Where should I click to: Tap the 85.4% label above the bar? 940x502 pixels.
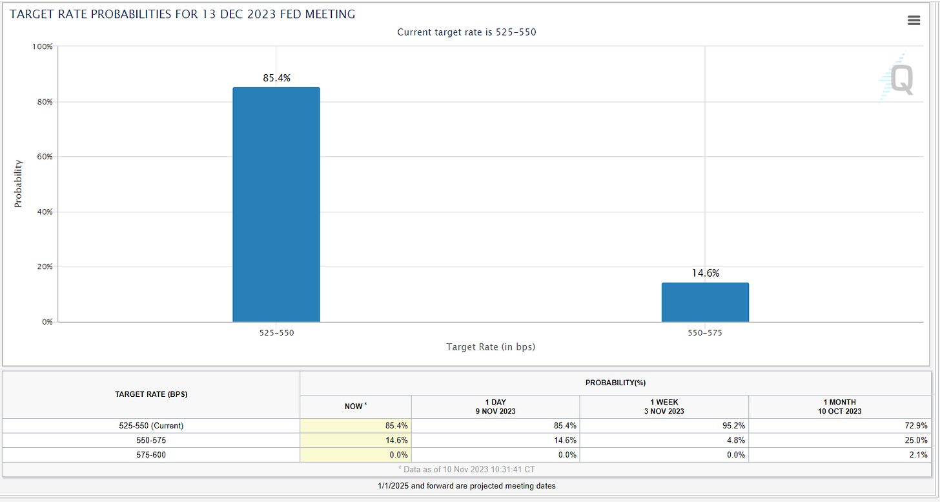(x=276, y=78)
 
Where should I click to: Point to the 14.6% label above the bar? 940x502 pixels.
(x=705, y=273)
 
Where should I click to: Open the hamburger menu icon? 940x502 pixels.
(x=914, y=21)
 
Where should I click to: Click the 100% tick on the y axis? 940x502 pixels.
(x=43, y=47)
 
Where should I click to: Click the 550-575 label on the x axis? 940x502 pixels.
(x=705, y=334)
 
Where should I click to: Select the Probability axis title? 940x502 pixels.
(x=18, y=183)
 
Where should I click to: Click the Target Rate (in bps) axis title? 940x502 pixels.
(x=491, y=347)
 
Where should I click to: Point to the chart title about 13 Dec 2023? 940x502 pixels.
(x=182, y=14)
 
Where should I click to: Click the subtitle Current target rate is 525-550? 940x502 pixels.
(x=466, y=32)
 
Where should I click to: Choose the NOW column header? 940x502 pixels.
(x=355, y=407)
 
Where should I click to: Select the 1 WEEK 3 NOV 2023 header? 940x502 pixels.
(x=664, y=407)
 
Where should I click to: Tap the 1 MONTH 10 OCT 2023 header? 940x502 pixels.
(x=839, y=407)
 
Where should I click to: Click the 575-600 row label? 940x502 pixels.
(x=151, y=455)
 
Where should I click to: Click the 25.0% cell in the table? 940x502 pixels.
(x=917, y=440)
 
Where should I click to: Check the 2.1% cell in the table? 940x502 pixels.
(x=919, y=455)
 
